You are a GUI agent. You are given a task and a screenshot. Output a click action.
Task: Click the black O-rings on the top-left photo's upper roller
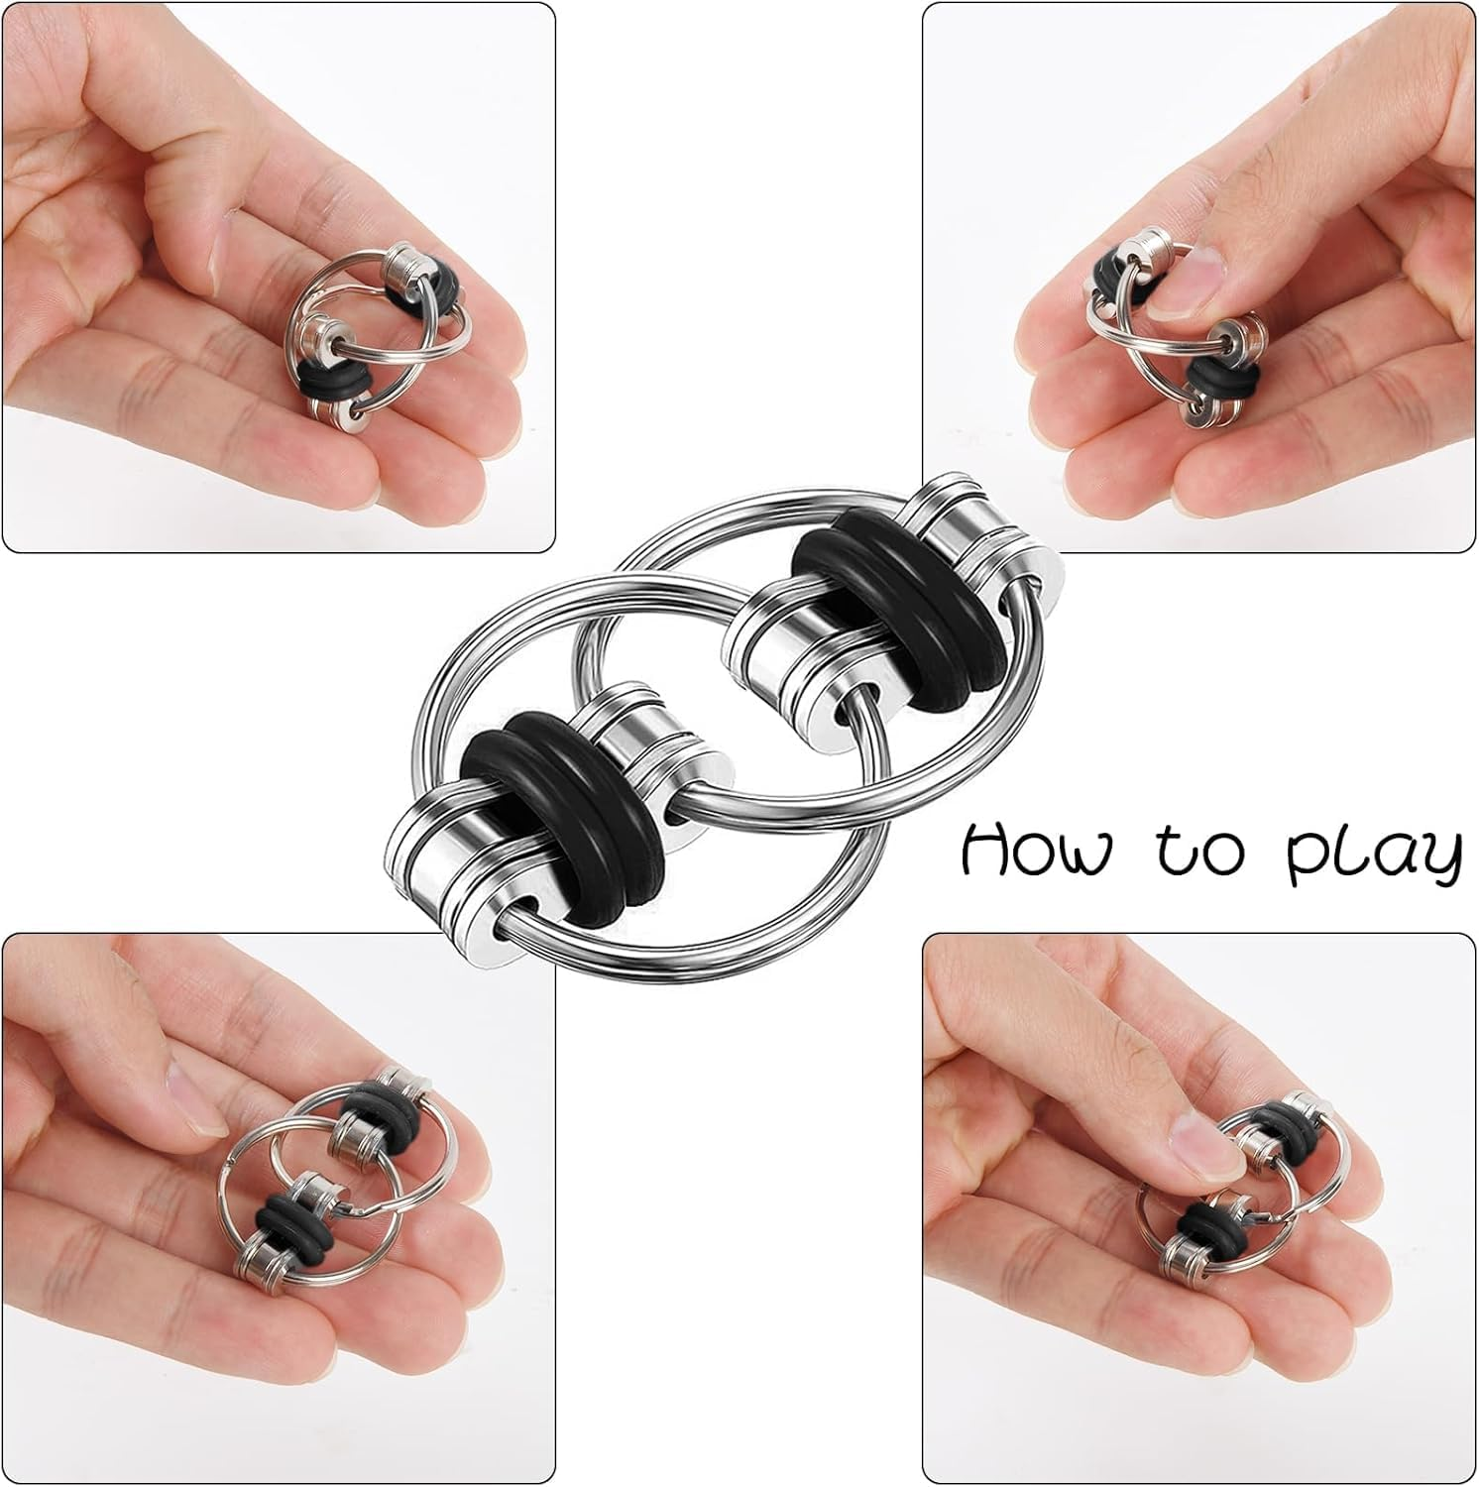point(436,280)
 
